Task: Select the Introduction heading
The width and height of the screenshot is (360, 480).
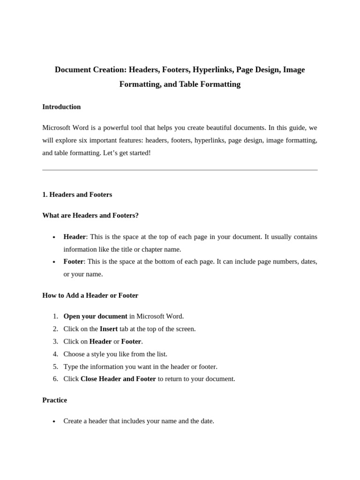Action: (61, 107)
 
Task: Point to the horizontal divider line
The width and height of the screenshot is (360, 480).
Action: (180, 170)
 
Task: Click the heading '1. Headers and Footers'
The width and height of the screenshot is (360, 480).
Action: (77, 194)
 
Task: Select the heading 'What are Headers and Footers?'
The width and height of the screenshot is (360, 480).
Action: (90, 215)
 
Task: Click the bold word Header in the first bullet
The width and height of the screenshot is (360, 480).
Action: (75, 237)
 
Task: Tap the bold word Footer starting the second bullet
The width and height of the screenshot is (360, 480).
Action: (74, 262)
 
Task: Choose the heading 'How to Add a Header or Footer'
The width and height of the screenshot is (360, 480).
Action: (90, 295)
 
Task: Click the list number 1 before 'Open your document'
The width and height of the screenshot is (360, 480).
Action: (55, 316)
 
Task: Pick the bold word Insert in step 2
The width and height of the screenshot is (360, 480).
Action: (109, 329)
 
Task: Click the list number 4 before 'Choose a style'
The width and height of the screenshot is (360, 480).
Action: (55, 354)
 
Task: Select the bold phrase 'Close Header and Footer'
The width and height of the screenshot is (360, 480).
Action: (118, 379)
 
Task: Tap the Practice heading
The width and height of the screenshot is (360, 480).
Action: (54, 400)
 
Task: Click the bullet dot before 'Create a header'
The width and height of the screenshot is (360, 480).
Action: (55, 421)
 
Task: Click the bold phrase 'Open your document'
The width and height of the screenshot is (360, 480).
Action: (95, 316)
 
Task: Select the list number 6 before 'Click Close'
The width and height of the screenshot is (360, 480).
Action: (55, 379)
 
